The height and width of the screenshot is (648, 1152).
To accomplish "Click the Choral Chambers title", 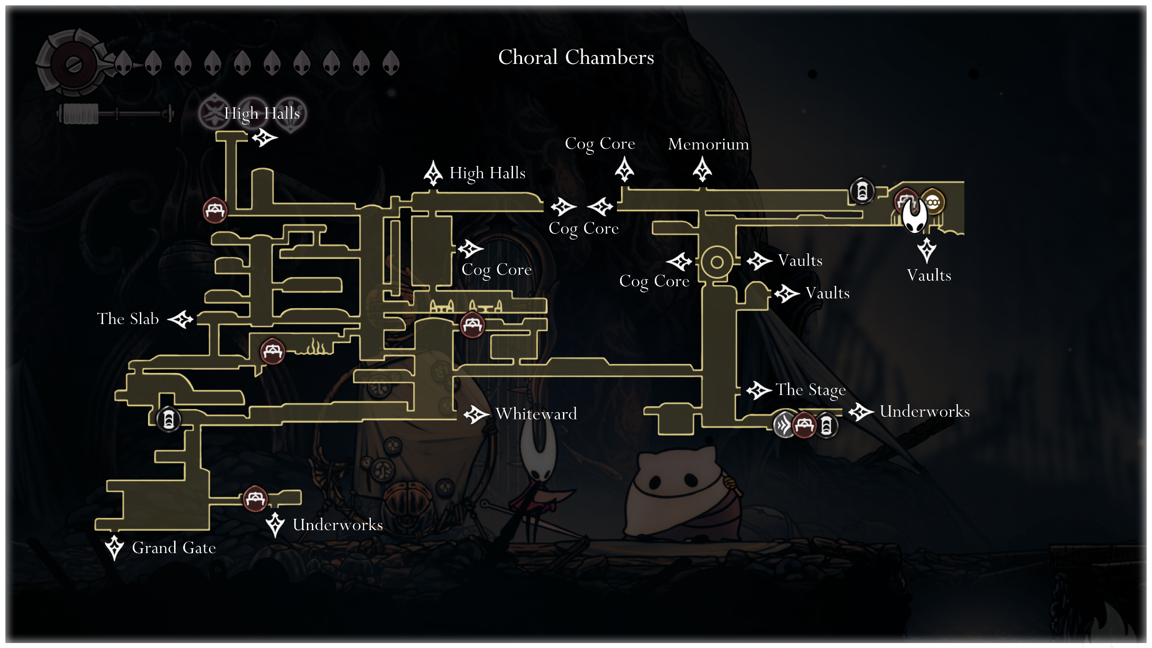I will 576,58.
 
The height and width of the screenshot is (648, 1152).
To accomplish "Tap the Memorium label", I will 708,144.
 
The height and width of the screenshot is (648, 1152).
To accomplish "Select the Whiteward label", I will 536,414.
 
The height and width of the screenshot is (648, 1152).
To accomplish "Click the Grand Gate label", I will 174,548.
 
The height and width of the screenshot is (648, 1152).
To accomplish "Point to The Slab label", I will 128,319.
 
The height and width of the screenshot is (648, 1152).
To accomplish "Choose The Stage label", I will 810,390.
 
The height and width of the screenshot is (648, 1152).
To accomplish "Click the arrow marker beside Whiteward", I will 476,414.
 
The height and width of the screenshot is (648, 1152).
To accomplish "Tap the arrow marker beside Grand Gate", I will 114,547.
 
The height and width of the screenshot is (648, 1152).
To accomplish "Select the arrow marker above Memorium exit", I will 702,170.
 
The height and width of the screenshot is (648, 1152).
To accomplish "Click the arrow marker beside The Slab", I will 180,319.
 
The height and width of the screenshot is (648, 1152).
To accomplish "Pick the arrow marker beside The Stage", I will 759,390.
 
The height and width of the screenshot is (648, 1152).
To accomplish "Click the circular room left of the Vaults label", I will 716,262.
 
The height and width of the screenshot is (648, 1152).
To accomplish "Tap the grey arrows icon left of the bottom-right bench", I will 784,424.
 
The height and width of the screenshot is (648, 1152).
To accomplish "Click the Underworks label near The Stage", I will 924,411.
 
